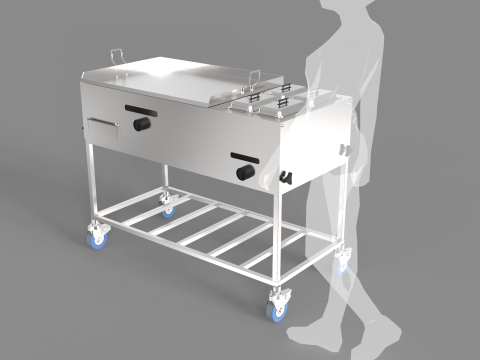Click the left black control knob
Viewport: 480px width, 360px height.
[142, 125]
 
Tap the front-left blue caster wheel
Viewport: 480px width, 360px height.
[98, 237]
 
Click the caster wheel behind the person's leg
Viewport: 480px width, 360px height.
[344, 262]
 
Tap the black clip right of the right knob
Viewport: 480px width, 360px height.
[285, 177]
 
